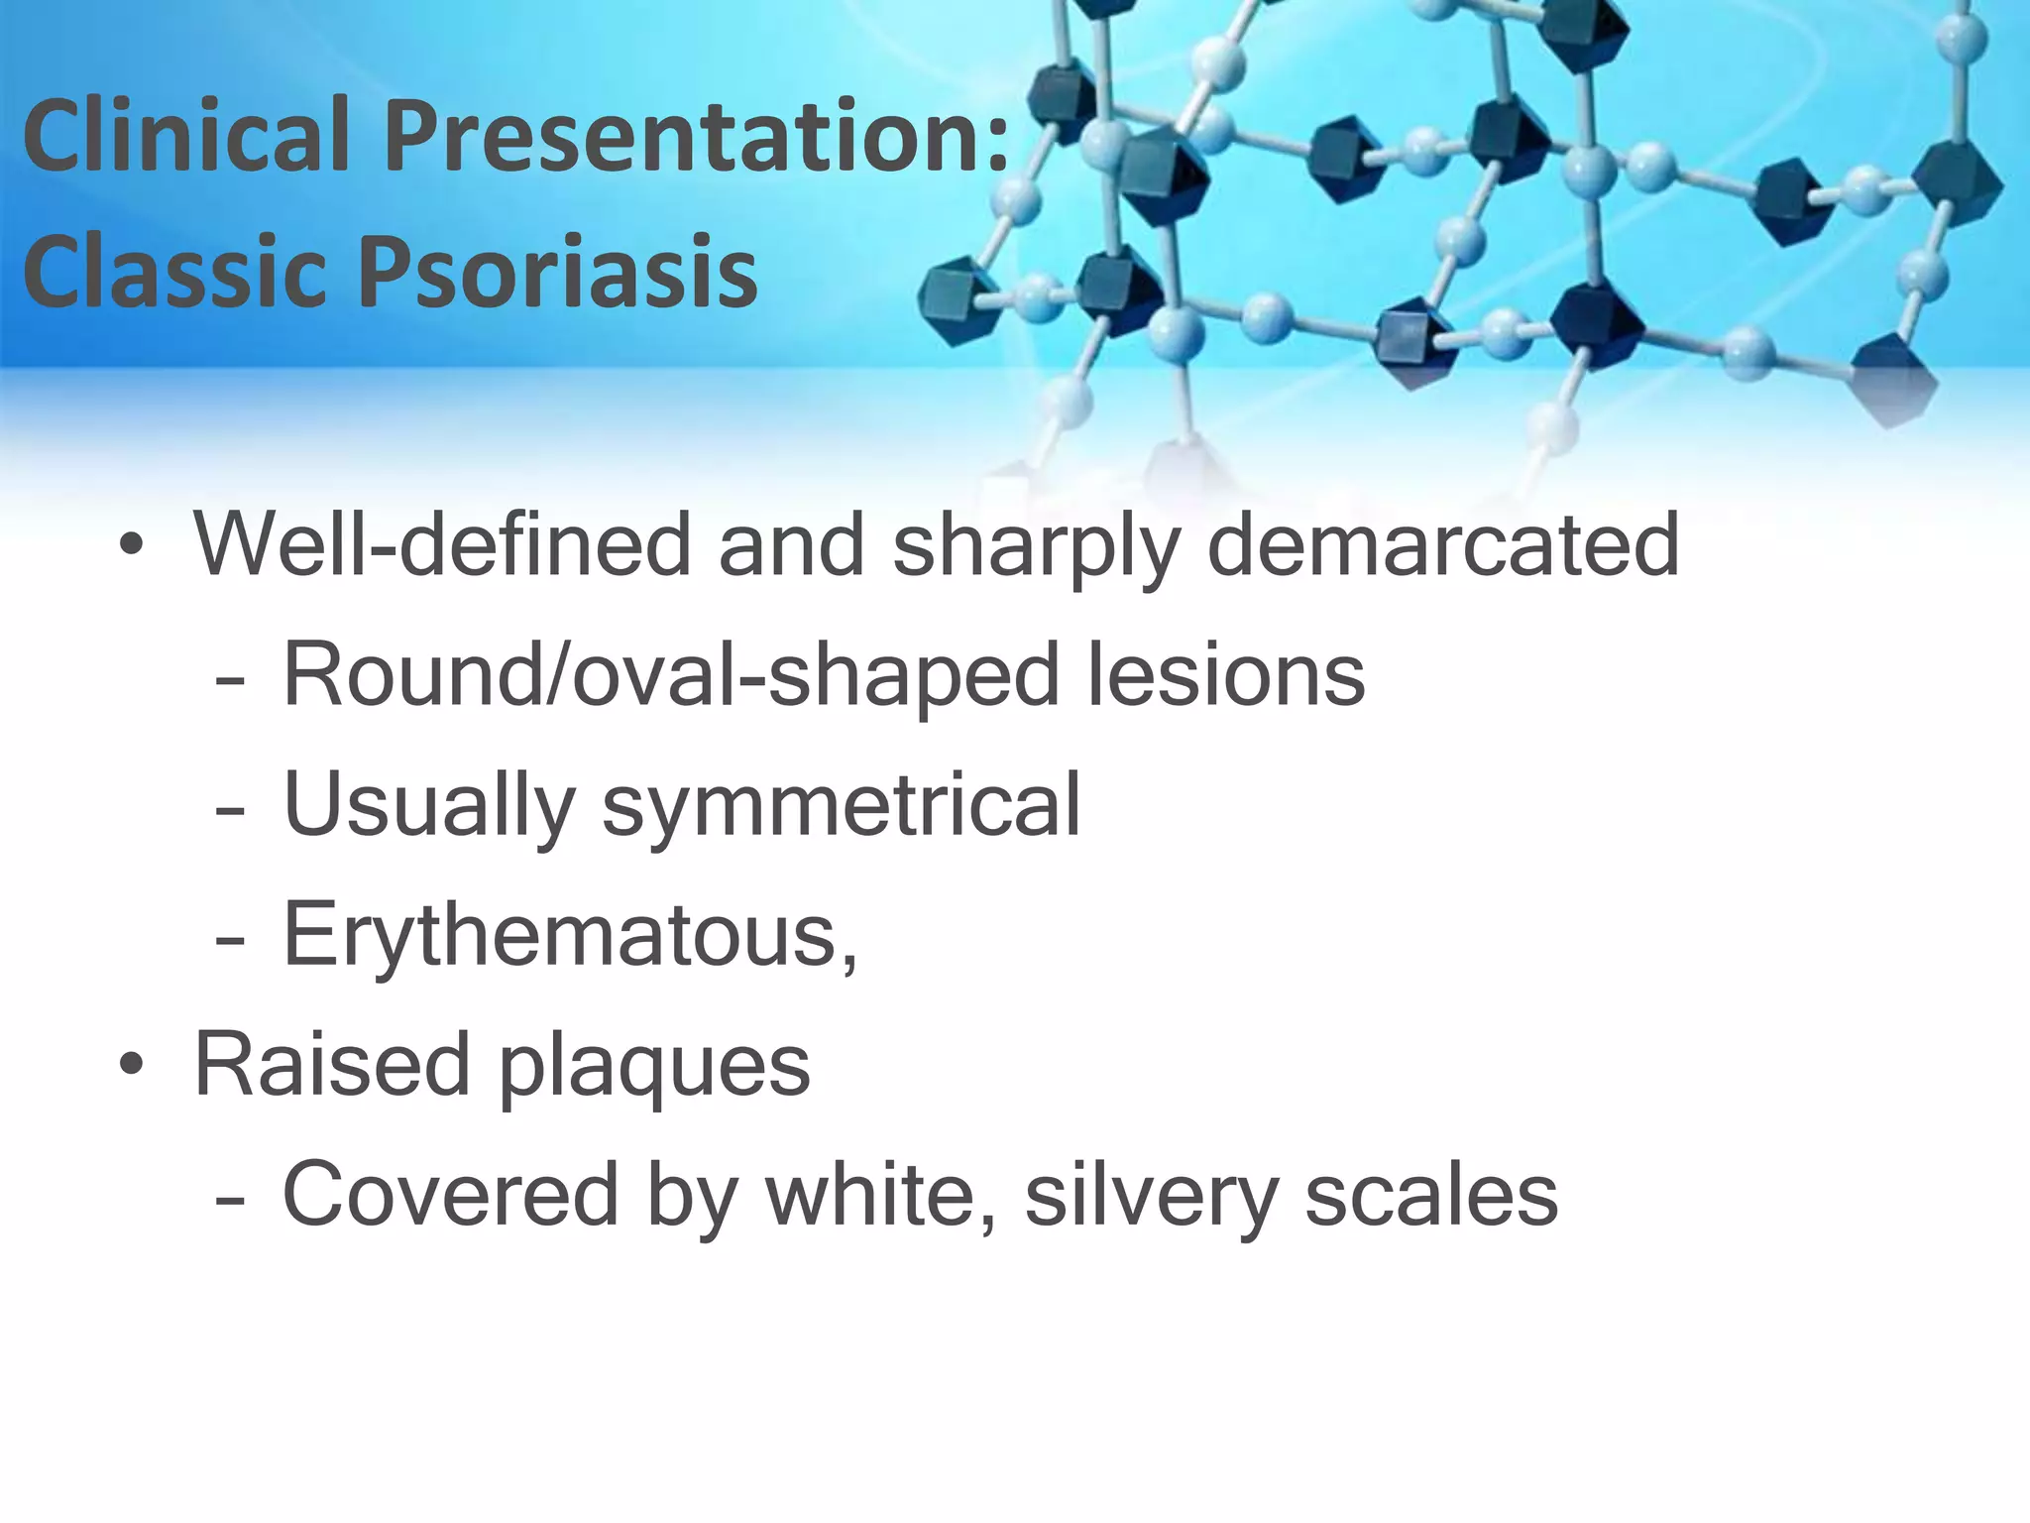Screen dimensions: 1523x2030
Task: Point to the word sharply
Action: point(1035,547)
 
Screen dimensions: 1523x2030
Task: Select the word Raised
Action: point(331,1064)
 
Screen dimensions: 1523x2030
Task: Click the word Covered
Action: point(450,1194)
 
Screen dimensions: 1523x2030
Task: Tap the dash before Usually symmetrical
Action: point(229,811)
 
